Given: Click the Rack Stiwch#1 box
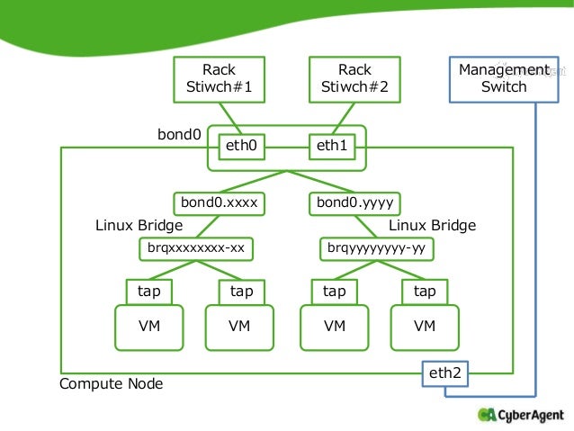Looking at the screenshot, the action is click(219, 79).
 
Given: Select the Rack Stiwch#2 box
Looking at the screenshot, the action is click(354, 79).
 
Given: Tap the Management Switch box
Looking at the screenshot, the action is click(504, 79).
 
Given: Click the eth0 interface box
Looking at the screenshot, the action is click(242, 147).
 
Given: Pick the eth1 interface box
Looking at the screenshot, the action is click(332, 147).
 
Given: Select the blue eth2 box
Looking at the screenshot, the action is click(445, 374).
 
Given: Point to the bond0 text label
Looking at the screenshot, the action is click(179, 134).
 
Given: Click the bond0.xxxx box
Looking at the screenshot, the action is click(219, 203).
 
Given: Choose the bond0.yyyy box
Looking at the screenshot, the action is click(354, 203).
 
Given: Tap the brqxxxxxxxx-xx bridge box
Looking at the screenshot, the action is click(196, 249).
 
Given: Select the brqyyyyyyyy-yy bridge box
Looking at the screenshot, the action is click(377, 249).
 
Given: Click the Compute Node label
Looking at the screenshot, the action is click(112, 384).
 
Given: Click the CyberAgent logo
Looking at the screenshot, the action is click(521, 415).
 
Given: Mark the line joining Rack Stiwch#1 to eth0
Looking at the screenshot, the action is click(230, 119).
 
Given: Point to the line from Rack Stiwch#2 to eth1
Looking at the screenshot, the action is click(344, 119).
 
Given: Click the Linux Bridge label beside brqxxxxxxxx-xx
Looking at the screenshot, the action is click(139, 225).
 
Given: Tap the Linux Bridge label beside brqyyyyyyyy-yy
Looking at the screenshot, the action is click(433, 225).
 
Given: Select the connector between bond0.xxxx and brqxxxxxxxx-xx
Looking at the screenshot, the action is click(208, 227).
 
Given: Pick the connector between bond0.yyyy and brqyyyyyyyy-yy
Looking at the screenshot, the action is click(365, 227).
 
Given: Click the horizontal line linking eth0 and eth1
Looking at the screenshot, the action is click(287, 148).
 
